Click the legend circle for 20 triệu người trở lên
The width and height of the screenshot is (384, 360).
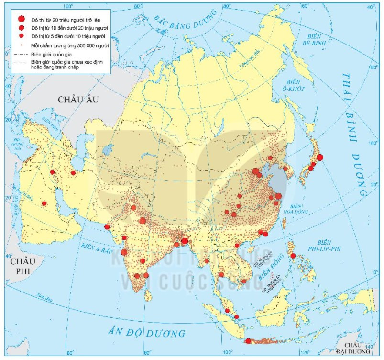[x=21, y=20]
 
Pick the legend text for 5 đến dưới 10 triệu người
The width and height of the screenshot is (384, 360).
[x=69, y=36]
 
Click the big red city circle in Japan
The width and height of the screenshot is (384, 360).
[x=319, y=157]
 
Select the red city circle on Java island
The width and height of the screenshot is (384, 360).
[x=248, y=341]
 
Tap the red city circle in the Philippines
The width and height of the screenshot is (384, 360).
[x=293, y=256]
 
